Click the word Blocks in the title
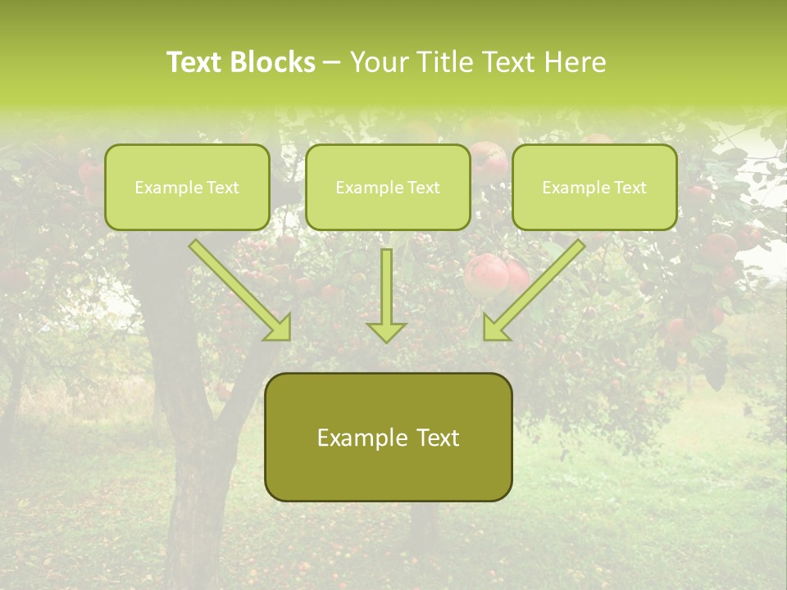[x=271, y=62]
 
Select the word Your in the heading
[x=380, y=62]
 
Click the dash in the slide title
[x=333, y=63]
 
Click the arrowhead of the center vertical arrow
[x=386, y=332]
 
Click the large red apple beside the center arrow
[x=485, y=275]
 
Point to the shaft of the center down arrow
[x=386, y=283]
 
